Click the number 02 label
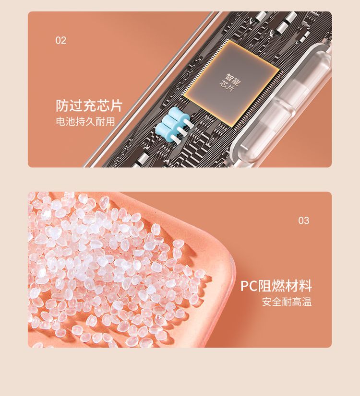60,40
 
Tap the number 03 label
304,221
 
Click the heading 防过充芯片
89,105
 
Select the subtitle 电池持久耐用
85,121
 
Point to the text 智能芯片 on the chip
230,82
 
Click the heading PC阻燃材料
276,286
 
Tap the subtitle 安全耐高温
287,302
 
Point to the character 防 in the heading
62,105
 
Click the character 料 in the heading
306,286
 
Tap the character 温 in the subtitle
307,302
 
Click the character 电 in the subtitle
60,121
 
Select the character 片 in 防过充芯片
116,105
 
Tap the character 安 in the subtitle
267,302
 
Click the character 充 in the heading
89,105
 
